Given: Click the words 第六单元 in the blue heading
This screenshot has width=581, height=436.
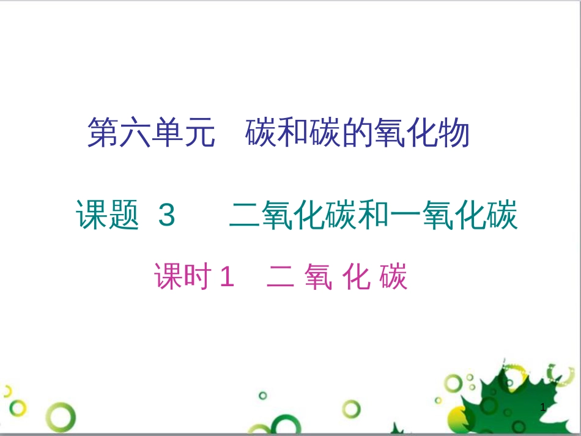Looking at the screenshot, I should (151, 133).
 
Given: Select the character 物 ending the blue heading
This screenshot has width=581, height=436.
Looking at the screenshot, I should (454, 133).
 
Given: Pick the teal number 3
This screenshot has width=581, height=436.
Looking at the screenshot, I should (166, 216).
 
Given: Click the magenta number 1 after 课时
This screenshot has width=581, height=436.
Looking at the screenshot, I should (226, 278).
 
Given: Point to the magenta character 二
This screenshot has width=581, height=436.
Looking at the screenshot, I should (281, 277).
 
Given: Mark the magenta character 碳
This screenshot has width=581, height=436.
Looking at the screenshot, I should (393, 277).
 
